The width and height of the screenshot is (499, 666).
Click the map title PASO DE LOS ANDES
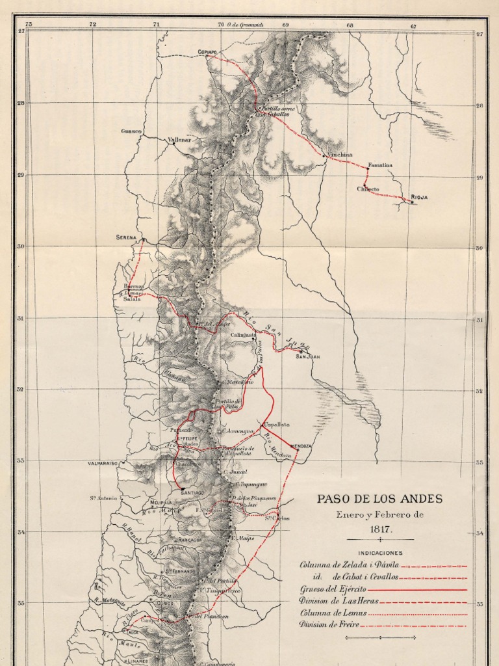(379, 499)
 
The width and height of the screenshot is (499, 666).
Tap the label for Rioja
(419, 196)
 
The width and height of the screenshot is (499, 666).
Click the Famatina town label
(380, 165)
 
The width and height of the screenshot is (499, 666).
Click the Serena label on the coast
(127, 237)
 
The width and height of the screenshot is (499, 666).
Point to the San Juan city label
(308, 356)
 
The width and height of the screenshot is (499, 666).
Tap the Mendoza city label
(301, 446)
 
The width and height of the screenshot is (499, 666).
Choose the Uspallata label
(277, 424)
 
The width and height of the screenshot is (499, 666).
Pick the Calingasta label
(244, 335)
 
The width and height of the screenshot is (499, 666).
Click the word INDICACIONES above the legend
(379, 552)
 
